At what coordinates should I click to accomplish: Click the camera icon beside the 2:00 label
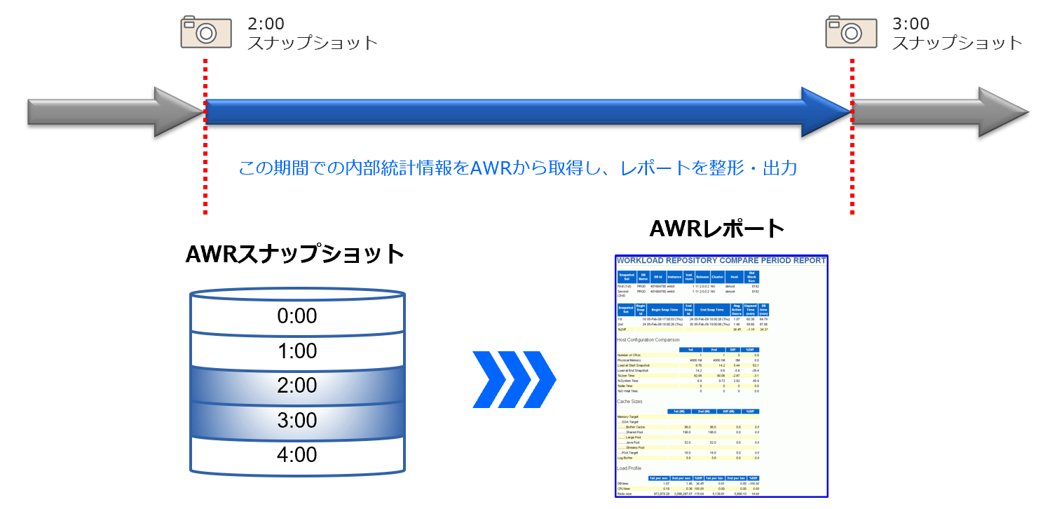point(205,32)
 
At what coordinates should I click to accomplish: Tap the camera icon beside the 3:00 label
point(850,32)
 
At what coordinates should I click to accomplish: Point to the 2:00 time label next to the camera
point(266,24)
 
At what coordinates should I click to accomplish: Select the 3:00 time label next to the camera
point(910,24)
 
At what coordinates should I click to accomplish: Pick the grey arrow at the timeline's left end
point(112,111)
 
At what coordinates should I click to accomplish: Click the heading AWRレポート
point(716,229)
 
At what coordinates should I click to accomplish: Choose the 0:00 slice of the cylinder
point(297,316)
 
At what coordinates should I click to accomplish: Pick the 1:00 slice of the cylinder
point(297,351)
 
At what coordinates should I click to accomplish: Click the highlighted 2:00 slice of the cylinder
point(297,385)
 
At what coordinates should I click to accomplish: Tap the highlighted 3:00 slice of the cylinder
point(297,420)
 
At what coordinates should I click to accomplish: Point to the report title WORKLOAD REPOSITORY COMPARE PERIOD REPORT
point(721,261)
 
